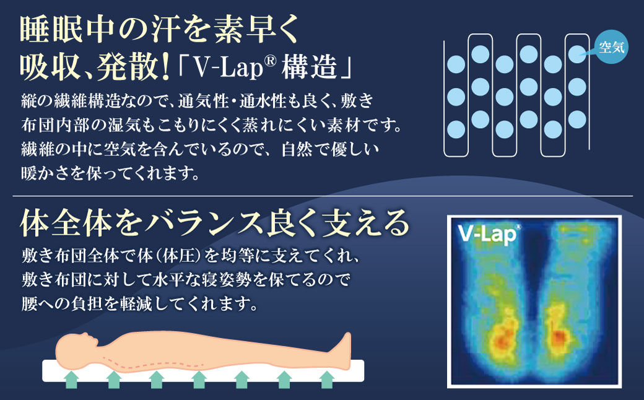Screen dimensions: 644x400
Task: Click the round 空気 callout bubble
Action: (x=612, y=47)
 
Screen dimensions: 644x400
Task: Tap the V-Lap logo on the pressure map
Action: (x=489, y=235)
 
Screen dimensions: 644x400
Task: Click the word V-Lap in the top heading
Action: (x=228, y=67)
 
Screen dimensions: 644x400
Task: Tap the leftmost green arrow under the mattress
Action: (x=72, y=379)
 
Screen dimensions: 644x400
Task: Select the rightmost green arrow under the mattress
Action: (x=326, y=379)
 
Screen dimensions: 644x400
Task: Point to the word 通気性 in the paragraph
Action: (x=202, y=100)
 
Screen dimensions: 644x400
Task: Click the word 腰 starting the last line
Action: (x=29, y=304)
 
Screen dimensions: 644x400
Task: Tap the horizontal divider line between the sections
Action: (x=323, y=196)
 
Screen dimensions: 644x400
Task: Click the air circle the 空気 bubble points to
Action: (x=577, y=54)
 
